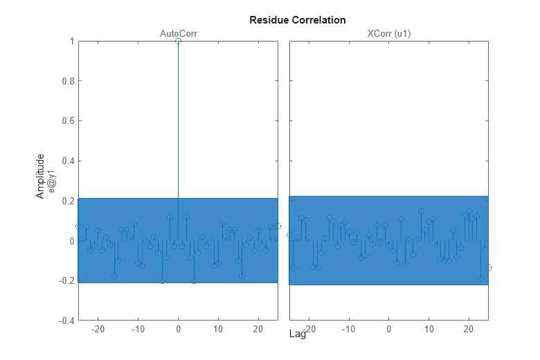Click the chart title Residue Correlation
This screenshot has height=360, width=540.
297,20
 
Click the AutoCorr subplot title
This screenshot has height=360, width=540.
178,33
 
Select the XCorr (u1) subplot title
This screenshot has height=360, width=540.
388,33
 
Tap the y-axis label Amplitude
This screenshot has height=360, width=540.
41,176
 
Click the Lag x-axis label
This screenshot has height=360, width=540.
297,334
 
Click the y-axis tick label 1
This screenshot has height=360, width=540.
72,42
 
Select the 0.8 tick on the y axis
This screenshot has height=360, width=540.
69,81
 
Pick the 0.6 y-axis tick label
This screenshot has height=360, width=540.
69,121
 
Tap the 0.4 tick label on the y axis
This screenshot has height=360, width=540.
69,161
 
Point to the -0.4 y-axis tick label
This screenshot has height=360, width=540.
67,321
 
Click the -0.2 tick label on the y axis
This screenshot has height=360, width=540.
67,281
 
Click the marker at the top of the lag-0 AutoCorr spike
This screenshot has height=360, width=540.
178,42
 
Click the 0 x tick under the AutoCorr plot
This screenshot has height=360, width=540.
178,329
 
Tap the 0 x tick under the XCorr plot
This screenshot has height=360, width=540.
389,329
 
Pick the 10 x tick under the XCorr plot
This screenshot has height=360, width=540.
429,329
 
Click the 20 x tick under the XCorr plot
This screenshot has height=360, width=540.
469,329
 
